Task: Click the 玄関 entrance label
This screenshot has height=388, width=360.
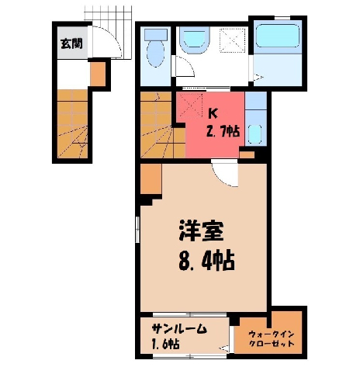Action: tap(71, 43)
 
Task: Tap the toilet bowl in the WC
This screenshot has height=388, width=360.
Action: tap(155, 54)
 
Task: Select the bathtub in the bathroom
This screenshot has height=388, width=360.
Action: tap(278, 36)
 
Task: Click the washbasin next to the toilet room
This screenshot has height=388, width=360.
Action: tap(194, 40)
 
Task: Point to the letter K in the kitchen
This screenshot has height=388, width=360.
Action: tap(213, 113)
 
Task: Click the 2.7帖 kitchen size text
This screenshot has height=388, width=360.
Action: tap(222, 131)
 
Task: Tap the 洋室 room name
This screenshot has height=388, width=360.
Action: tap(201, 230)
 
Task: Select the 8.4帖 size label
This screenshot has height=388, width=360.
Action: tap(206, 259)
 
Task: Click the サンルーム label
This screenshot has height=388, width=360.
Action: tap(179, 329)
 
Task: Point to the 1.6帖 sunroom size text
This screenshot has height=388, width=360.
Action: tap(165, 344)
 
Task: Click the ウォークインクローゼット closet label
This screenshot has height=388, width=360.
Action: tap(272, 339)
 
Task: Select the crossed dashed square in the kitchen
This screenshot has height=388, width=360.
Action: tap(191, 105)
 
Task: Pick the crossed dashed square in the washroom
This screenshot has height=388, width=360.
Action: tap(232, 40)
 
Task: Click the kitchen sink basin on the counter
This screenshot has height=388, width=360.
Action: tap(255, 133)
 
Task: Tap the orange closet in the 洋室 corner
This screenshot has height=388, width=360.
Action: tap(151, 178)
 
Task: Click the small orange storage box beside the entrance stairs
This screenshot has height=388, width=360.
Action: tap(98, 74)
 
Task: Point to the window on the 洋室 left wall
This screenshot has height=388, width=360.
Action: tap(137, 230)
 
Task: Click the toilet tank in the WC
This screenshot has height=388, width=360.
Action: tap(156, 34)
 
